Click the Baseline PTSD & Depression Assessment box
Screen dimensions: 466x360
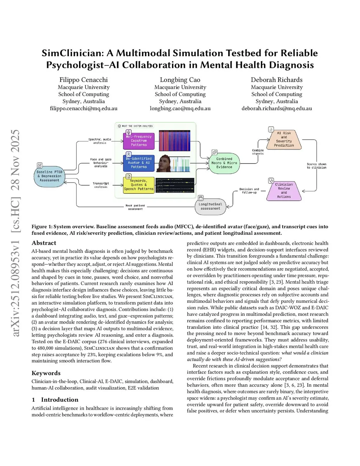pos(49,176)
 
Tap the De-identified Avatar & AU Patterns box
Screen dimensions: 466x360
pos(139,163)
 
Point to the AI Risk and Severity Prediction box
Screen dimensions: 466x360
pos(284,139)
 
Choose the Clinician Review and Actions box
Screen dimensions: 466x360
pos(284,191)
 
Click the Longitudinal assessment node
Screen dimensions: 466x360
pos(210,206)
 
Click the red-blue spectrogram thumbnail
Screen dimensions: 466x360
pos(174,141)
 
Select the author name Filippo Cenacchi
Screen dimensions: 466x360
pos(84,80)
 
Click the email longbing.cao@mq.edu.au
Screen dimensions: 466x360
pos(180,108)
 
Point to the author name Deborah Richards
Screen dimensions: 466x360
pos(277,80)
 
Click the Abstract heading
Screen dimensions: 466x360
pos(44,243)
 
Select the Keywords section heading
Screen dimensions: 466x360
pos(46,373)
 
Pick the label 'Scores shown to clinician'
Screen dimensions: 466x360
pos(316,166)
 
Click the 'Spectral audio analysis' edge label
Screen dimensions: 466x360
pos(99,141)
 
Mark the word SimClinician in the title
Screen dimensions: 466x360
pos(72,53)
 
